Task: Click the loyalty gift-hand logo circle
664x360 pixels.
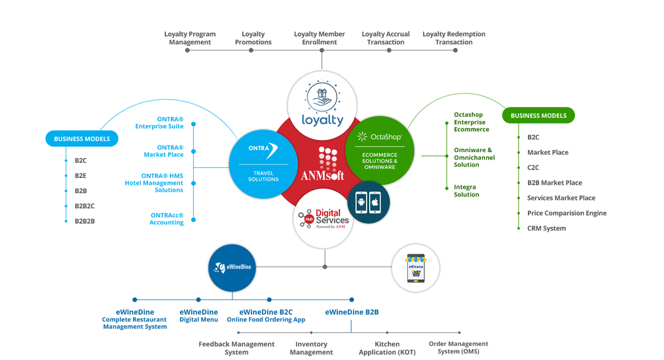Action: [x=323, y=104]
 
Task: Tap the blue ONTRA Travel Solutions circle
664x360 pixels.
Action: [x=262, y=162]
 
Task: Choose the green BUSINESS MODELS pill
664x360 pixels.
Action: [x=538, y=116]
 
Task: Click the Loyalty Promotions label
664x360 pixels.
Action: [x=253, y=38]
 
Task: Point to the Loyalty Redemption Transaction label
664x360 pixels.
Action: [x=454, y=38]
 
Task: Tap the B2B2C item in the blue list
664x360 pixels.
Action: [x=84, y=206]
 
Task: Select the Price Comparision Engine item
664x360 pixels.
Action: [x=566, y=213]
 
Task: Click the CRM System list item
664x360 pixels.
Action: [x=546, y=228]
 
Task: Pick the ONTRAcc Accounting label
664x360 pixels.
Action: [x=167, y=219]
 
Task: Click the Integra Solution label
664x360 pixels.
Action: [x=466, y=191]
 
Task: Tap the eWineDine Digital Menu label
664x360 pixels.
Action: [x=199, y=315]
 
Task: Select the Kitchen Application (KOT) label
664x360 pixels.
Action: [x=387, y=348]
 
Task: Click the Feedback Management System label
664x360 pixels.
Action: [x=236, y=348]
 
